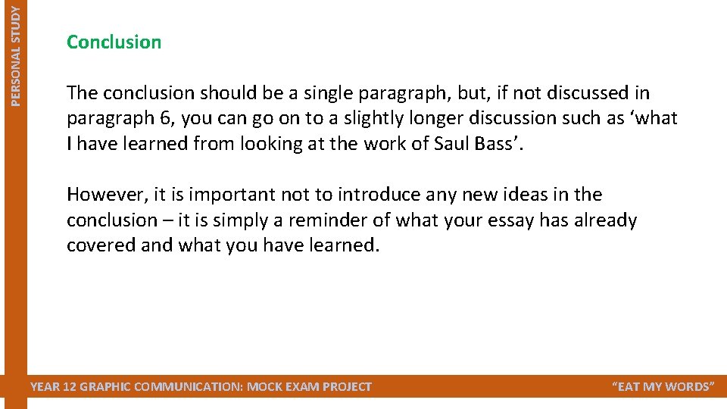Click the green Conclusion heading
pyautogui.click(x=114, y=42)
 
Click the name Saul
pyautogui.click(x=457, y=144)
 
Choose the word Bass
pyautogui.click(x=501, y=144)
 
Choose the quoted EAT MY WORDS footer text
pyautogui.click(x=662, y=387)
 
